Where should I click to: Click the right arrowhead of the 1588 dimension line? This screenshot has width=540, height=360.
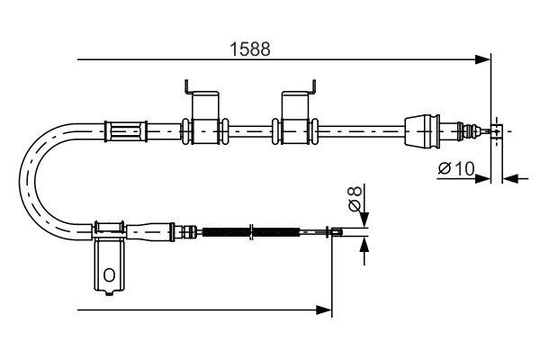pyautogui.click(x=484, y=60)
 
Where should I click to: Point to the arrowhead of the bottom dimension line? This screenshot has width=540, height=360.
pyautogui.click(x=326, y=310)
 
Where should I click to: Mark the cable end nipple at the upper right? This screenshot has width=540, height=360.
pyautogui.click(x=494, y=130)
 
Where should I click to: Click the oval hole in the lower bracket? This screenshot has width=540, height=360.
pyautogui.click(x=109, y=274)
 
